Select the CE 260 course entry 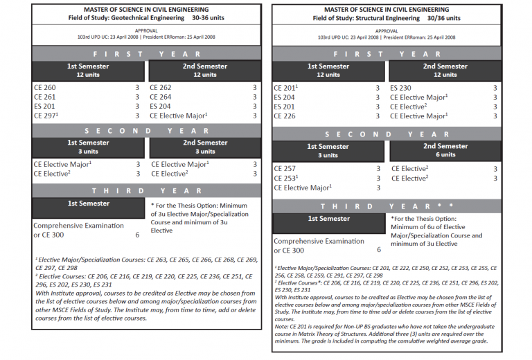click(44, 88)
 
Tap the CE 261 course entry click(44, 97)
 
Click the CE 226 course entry click(285, 116)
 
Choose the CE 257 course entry click(285, 168)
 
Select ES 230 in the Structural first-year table click(400, 88)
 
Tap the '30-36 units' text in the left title click(206, 17)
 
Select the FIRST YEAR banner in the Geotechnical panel click(146, 53)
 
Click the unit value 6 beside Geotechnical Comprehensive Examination click(137, 235)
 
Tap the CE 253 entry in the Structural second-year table click(285, 178)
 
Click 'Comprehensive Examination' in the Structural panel click(319, 241)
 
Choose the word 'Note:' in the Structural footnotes click(283, 327)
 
